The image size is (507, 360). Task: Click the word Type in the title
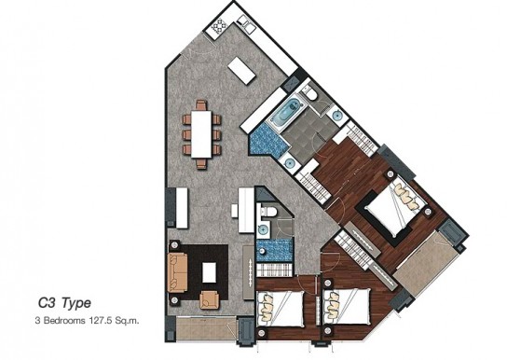click(x=76, y=304)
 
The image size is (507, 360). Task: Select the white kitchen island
click(x=241, y=71)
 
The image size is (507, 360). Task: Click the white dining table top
click(x=201, y=134)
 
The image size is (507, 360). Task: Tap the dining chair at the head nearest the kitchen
click(x=201, y=104)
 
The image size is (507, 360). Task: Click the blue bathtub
click(x=286, y=112)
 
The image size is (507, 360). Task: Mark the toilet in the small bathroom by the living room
click(x=267, y=212)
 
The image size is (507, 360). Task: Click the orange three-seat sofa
click(x=177, y=272)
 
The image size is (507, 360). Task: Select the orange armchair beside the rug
click(x=209, y=299)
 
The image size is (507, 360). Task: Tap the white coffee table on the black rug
click(x=209, y=272)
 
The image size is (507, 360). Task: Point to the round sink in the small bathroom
click(x=263, y=230)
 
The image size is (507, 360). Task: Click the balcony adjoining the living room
click(x=206, y=328)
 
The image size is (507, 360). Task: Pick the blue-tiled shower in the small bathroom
click(x=275, y=250)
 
